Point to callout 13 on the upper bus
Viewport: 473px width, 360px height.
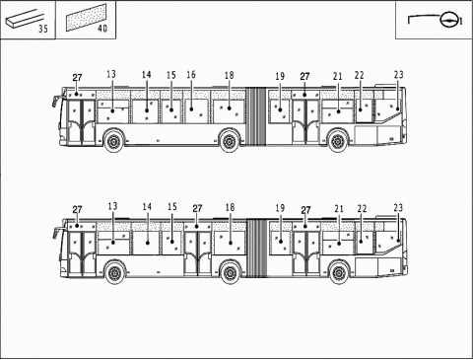click(x=111, y=75)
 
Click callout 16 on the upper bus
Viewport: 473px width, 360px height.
click(x=191, y=75)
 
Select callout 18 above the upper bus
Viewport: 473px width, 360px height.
click(x=229, y=76)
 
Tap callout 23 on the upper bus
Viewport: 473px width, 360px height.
click(x=398, y=75)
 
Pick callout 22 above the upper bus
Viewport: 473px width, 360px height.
click(x=360, y=76)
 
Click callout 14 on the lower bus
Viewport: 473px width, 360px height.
click(x=147, y=207)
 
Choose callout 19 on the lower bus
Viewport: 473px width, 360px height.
click(x=280, y=208)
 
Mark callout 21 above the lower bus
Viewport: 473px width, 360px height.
click(x=338, y=208)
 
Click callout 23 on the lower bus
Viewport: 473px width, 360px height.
click(x=398, y=207)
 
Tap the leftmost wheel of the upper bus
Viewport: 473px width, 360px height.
click(x=115, y=141)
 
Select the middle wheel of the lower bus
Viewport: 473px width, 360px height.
click(x=230, y=272)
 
